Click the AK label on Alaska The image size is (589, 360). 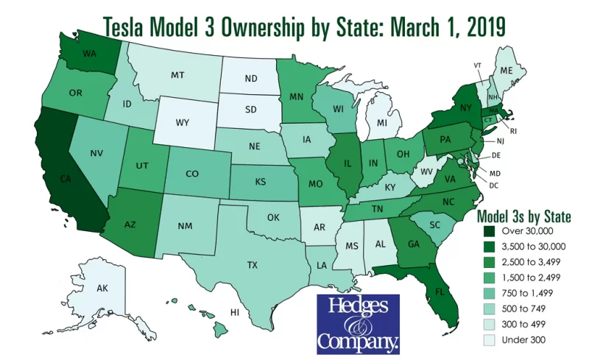[103, 289]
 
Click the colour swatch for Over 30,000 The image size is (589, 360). [487, 230]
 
